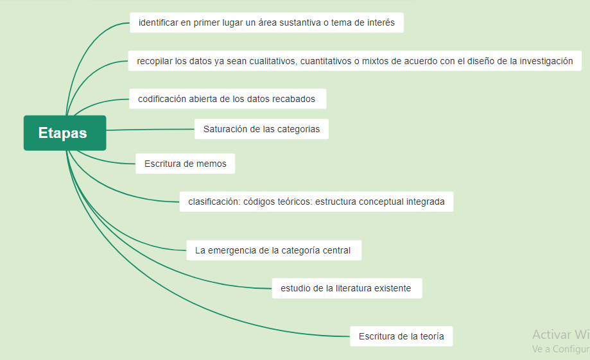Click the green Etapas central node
pyautogui.click(x=65, y=133)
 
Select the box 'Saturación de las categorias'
pyautogui.click(x=261, y=129)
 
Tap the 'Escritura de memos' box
pyautogui.click(x=185, y=164)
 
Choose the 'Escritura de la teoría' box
pyautogui.click(x=401, y=336)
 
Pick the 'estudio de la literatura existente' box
pyautogui.click(x=347, y=288)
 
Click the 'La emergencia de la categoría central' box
pyautogui.click(x=274, y=250)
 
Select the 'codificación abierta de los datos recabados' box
pyautogui.click(x=228, y=99)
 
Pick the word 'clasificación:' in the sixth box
pyautogui.click(x=214, y=201)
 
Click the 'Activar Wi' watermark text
pyautogui.click(x=561, y=334)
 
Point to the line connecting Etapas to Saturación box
pyautogui.click(x=150, y=130)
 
